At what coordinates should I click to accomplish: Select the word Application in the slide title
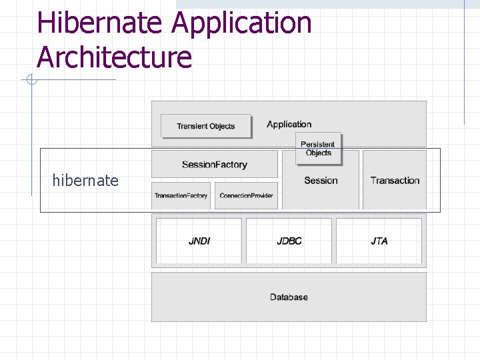241,23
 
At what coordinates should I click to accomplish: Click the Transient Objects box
206,126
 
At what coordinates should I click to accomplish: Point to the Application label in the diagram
289,124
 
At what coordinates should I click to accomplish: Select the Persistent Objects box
318,148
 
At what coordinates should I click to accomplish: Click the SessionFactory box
214,164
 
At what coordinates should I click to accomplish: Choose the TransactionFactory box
181,195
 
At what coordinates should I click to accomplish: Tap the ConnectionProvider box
246,195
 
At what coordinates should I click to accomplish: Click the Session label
321,180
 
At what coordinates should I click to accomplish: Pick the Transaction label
395,180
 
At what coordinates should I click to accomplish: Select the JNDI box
199,241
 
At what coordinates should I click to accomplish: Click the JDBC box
289,241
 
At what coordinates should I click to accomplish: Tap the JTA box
379,241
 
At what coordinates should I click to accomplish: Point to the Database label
289,297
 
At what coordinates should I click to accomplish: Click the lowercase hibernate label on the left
85,180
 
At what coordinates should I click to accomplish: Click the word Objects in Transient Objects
222,126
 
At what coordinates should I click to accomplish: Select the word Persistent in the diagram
318,144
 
